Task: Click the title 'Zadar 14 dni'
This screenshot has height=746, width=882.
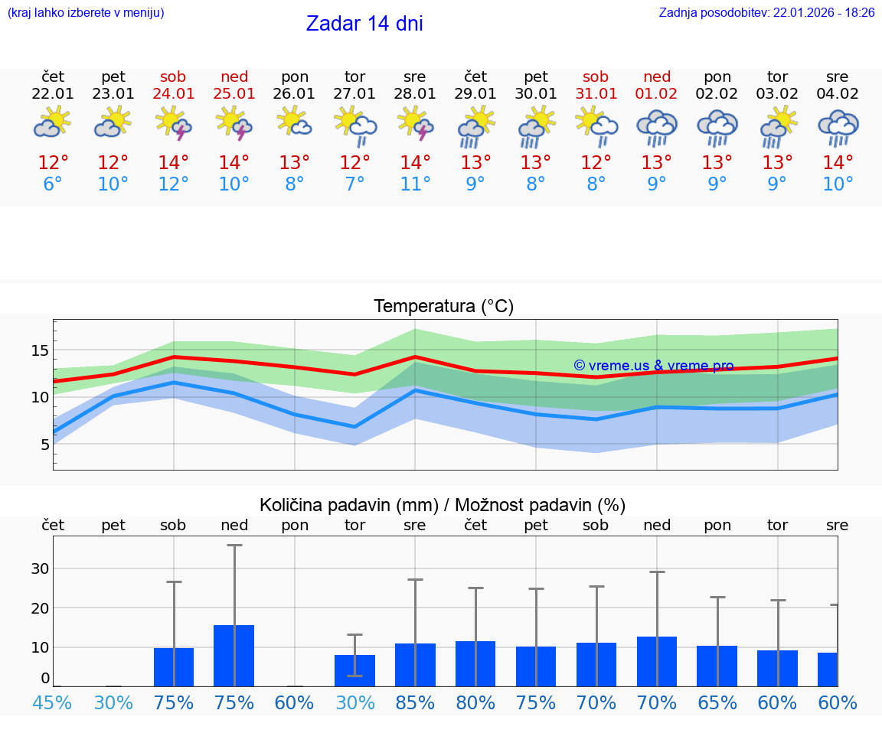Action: click(x=364, y=24)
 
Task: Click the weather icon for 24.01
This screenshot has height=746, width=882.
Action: click(x=174, y=123)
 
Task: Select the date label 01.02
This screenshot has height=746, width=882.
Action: click(x=656, y=94)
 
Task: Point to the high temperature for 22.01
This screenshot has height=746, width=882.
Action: click(x=53, y=163)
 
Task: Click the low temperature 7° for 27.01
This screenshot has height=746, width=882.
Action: click(x=354, y=184)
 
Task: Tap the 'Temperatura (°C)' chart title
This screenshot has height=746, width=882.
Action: click(x=443, y=307)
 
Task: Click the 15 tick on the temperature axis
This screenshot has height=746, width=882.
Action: click(x=41, y=350)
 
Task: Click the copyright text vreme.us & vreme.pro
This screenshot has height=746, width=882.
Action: click(x=653, y=366)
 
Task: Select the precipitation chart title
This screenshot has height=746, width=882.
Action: click(x=443, y=505)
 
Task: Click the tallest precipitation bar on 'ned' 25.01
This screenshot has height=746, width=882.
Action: click(x=234, y=655)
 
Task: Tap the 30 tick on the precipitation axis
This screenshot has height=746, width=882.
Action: click(x=40, y=568)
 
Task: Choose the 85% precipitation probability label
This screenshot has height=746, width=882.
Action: click(x=415, y=703)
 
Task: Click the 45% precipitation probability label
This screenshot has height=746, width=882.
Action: click(x=53, y=703)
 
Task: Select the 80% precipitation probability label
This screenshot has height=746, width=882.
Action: click(x=475, y=703)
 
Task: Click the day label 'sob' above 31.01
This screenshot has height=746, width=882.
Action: click(x=596, y=77)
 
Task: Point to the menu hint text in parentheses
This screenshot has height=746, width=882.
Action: click(x=86, y=13)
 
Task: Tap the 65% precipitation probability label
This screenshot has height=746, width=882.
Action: click(x=717, y=703)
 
